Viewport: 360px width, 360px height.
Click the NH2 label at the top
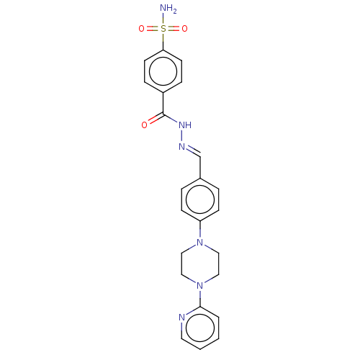tap(168, 9)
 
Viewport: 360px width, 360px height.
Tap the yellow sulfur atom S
tap(163, 29)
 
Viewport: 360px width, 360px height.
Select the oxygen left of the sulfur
tap(141, 29)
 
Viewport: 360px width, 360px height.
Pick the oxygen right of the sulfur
tap(184, 29)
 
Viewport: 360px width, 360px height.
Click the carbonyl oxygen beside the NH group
tap(144, 125)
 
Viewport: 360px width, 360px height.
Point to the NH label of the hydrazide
tap(185, 125)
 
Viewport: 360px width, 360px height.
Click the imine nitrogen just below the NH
tap(182, 147)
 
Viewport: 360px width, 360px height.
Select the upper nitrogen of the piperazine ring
tap(199, 243)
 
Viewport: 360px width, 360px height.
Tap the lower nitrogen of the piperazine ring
tap(199, 286)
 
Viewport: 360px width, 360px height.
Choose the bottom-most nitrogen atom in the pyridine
tap(181, 317)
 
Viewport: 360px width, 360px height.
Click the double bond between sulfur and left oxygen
tap(152, 29)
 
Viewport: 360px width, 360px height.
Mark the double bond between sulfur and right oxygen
tap(174, 29)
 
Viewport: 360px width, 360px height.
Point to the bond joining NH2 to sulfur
tap(163, 19)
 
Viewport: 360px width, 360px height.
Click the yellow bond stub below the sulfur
tap(163, 38)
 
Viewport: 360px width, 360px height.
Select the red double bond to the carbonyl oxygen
tap(153, 120)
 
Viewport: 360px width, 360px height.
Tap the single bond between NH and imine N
tap(184, 135)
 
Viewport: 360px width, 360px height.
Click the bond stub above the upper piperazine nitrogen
tap(199, 233)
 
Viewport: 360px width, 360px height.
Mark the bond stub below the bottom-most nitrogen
tap(181, 328)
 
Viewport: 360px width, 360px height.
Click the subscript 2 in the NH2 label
tap(174, 12)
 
